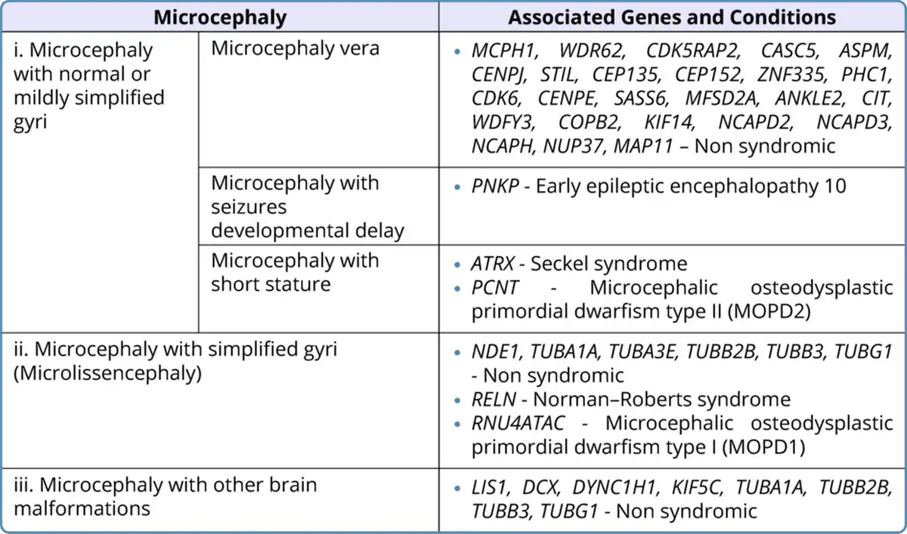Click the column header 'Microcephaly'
(220, 17)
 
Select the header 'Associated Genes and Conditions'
(672, 17)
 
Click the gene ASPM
(865, 51)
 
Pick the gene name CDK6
(497, 98)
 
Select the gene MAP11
(643, 146)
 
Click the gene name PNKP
(495, 186)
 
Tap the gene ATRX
(492, 264)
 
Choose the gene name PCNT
(495, 288)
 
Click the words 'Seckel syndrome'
(609, 264)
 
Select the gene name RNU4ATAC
(519, 424)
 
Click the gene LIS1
(489, 487)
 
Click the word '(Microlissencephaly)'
(107, 373)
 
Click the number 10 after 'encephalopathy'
(834, 186)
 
